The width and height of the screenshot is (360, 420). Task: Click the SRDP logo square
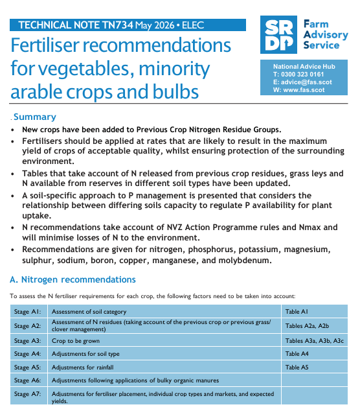tap(278, 34)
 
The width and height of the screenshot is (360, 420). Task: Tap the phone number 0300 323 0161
tap(302, 74)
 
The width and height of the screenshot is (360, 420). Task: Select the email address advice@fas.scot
tap(306, 82)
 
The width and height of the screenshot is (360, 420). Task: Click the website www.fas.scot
tap(304, 89)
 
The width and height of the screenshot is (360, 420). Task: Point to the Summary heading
tap(35, 117)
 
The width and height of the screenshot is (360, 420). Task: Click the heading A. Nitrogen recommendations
tap(73, 279)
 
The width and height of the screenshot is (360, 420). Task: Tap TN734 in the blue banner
tap(117, 25)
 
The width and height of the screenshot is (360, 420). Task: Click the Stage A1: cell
tap(29, 311)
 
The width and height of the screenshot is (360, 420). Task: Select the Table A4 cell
tap(315, 354)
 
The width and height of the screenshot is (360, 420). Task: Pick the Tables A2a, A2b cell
tap(315, 326)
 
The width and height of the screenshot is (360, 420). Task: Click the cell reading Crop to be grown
tap(164, 340)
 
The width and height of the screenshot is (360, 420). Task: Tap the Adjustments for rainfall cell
tap(164, 367)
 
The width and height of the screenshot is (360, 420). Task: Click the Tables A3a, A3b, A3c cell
tap(315, 340)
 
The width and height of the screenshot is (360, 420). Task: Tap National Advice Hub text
tap(304, 66)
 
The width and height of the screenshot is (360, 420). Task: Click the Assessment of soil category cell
tap(164, 311)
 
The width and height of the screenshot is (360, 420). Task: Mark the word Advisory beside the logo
tap(326, 34)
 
